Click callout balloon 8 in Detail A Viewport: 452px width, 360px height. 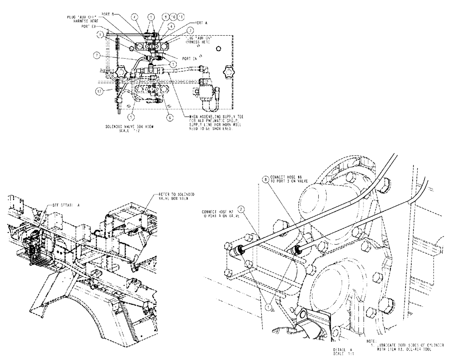[x=265, y=180]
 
